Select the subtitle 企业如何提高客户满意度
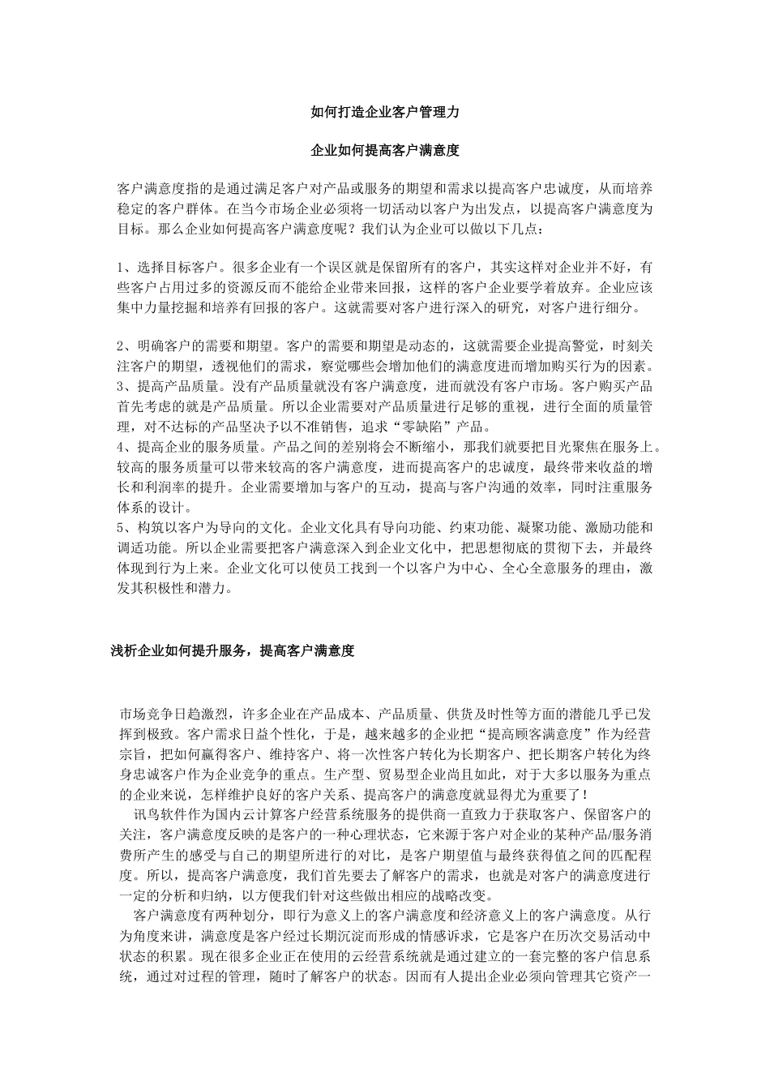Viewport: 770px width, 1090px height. click(x=385, y=151)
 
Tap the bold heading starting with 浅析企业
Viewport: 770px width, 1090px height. click(x=233, y=650)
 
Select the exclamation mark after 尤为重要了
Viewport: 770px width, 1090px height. click(x=584, y=794)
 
